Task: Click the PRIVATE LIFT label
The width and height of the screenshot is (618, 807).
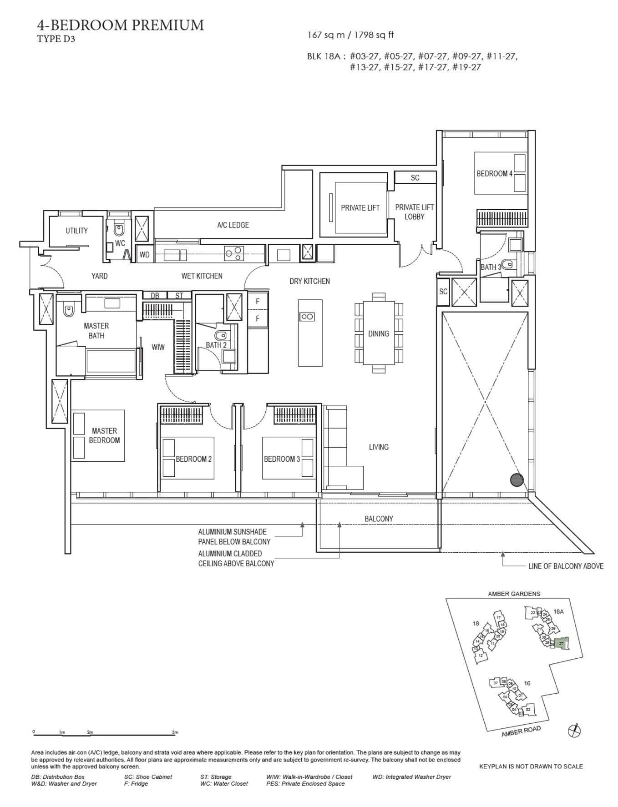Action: pos(360,208)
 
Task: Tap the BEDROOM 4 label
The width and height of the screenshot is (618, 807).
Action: pos(494,173)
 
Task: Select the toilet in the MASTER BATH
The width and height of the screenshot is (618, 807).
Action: pos(69,310)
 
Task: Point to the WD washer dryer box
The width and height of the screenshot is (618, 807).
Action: pos(145,255)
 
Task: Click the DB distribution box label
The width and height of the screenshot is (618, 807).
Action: pos(155,296)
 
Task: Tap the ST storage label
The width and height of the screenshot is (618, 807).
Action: pos(179,296)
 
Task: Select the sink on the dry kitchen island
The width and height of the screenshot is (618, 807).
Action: pos(306,317)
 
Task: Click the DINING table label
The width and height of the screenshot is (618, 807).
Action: pos(379,333)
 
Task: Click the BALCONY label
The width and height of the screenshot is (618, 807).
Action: pos(379,519)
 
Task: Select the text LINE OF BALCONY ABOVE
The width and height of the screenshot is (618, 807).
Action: pos(566,566)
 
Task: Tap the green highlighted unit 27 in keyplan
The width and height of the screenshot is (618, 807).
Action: pos(562,644)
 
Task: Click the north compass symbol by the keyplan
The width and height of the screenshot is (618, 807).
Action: pos(575,731)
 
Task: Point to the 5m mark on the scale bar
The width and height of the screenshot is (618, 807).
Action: pos(175,732)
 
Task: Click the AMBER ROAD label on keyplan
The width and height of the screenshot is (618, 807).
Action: pos(521,731)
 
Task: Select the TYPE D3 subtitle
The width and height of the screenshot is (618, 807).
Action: pos(56,39)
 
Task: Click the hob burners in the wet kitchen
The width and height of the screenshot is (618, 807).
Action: pos(234,253)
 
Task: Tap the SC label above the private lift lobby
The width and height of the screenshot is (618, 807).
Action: pos(415,178)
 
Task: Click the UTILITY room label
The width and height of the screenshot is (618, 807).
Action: pos(76,231)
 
